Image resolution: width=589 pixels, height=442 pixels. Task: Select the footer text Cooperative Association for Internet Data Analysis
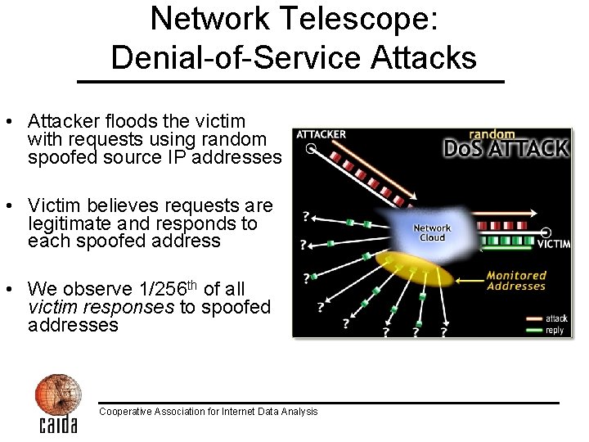tap(208, 412)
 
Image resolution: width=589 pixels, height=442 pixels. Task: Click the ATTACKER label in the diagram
tap(321, 135)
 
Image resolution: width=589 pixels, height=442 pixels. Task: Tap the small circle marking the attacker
tap(311, 149)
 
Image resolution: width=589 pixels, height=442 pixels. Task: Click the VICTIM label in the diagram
tap(553, 244)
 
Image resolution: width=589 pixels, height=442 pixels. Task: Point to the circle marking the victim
tap(546, 232)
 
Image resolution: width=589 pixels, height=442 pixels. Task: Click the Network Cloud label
tap(432, 233)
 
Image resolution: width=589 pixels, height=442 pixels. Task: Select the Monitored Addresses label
tap(515, 281)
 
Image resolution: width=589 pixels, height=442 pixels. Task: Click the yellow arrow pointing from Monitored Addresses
tap(470, 281)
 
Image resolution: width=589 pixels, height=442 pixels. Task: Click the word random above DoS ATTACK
tap(492, 135)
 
